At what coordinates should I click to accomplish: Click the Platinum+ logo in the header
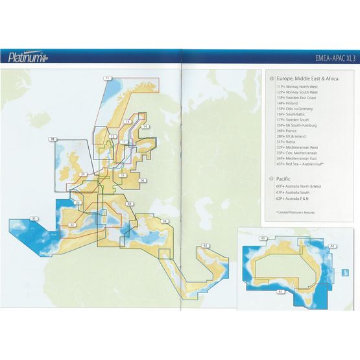click(x=27, y=58)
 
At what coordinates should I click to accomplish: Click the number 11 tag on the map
click(x=107, y=78)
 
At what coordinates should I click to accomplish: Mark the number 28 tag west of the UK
click(x=53, y=139)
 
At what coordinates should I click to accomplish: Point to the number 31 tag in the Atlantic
click(x=34, y=218)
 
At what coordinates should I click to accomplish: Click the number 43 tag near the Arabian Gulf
click(x=204, y=245)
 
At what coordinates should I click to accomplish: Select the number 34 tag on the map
click(x=165, y=222)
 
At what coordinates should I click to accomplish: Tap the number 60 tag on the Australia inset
click(x=262, y=239)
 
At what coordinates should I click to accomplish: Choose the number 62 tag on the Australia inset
click(x=331, y=246)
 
